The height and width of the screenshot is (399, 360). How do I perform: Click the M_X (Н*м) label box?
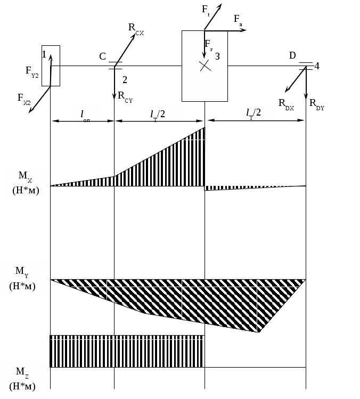point(26,183)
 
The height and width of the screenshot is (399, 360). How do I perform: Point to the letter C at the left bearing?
point(102,56)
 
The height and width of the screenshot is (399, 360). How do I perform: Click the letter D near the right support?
point(292,55)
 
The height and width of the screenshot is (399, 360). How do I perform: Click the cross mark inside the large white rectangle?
point(205,66)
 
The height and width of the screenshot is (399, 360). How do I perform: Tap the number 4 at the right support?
point(316,66)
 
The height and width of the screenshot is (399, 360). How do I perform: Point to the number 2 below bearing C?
point(125,80)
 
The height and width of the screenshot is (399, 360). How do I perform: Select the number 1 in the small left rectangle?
point(44,54)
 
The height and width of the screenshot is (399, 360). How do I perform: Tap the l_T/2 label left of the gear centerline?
point(162,114)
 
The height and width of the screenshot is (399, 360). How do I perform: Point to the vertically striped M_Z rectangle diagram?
point(127,352)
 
